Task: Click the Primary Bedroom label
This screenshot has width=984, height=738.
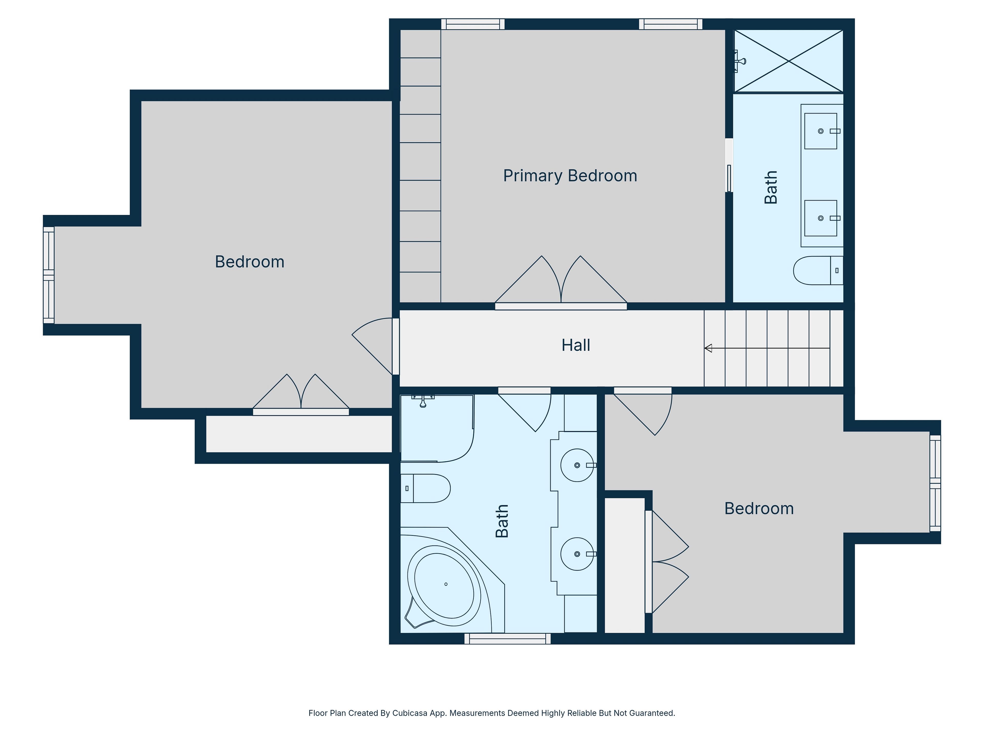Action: [570, 176]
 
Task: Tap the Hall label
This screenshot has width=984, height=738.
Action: [576, 345]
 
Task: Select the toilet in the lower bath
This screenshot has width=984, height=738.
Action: [425, 488]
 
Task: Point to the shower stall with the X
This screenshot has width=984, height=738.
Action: [788, 61]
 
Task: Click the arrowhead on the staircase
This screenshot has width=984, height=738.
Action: [708, 348]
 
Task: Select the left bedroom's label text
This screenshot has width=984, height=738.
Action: [250, 262]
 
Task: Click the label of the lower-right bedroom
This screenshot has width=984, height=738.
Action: [759, 508]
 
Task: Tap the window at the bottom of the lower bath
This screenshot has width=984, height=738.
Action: [508, 638]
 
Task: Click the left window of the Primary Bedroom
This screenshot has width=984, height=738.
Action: [473, 24]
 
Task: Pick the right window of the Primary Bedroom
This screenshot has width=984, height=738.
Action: [671, 24]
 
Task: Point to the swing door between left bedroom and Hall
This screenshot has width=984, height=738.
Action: [376, 346]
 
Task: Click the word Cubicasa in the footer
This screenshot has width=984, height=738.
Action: [410, 713]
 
